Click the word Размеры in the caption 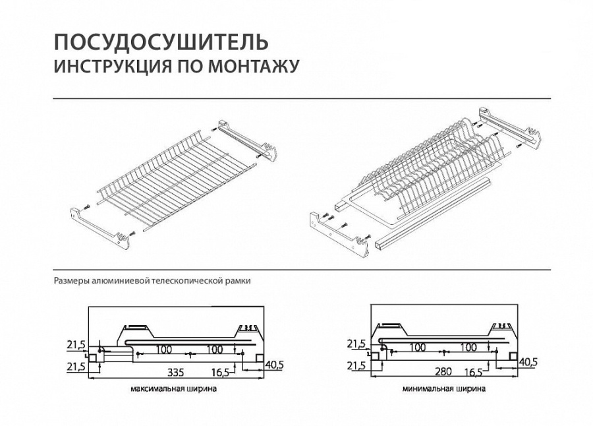click(x=71, y=280)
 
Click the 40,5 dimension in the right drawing click(x=528, y=361)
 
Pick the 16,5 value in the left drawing click(x=221, y=373)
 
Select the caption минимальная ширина click(x=444, y=389)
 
